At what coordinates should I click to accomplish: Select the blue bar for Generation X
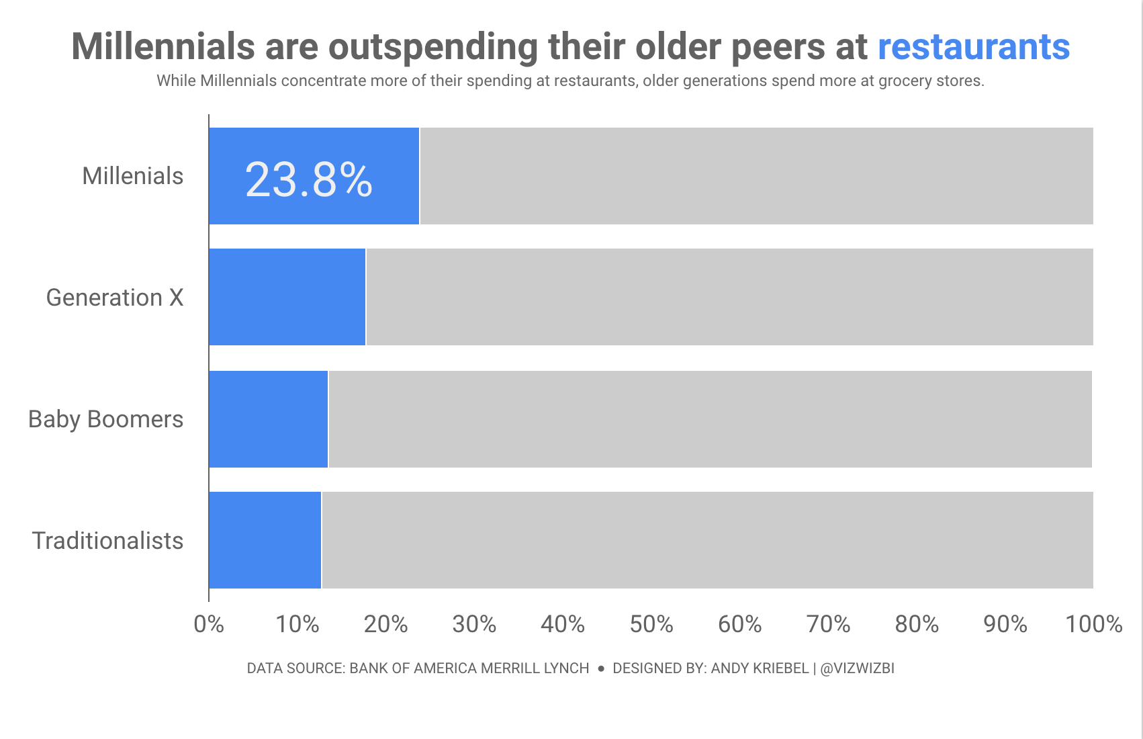click(287, 297)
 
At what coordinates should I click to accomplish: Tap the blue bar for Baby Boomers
click(269, 419)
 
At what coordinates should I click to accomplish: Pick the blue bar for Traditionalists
click(265, 540)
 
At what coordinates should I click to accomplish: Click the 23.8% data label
click(309, 180)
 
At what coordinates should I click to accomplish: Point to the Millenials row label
click(133, 176)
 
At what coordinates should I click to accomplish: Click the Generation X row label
click(115, 298)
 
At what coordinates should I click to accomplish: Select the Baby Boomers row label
click(106, 419)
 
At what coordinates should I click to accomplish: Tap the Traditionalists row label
click(108, 541)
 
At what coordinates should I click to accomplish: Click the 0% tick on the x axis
click(209, 624)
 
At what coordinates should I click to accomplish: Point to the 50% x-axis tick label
click(651, 624)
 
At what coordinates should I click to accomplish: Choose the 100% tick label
click(1094, 624)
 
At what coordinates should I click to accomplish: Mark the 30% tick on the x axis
click(474, 624)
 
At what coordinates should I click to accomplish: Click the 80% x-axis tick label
click(917, 624)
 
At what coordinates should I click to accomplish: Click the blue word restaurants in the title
click(974, 46)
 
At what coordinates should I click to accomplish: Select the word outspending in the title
click(433, 46)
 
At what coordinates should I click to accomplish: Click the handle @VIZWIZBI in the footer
click(858, 668)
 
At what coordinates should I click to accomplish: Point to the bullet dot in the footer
click(601, 669)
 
